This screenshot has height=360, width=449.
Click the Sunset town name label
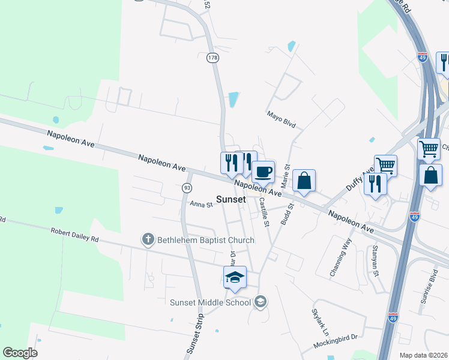pyautogui.click(x=231, y=199)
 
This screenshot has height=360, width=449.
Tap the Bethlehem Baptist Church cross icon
pyautogui.click(x=148, y=240)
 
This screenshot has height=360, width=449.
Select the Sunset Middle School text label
pyautogui.click(x=210, y=302)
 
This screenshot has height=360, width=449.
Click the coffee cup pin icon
pyautogui.click(x=264, y=172)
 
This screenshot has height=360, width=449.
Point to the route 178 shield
pyautogui.click(x=212, y=58)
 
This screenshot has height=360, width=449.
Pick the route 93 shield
pyautogui.click(x=187, y=188)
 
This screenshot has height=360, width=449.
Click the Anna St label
pyautogui.click(x=202, y=205)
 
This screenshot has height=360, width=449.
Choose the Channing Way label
pyautogui.click(x=340, y=257)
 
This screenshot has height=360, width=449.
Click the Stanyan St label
pyautogui.click(x=375, y=259)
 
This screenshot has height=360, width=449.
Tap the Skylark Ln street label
pyautogui.click(x=320, y=322)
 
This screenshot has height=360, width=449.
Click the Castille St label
pyautogui.click(x=264, y=211)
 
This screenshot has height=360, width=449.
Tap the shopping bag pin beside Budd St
pyautogui.click(x=304, y=181)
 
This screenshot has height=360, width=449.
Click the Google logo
pyautogui.click(x=20, y=353)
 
